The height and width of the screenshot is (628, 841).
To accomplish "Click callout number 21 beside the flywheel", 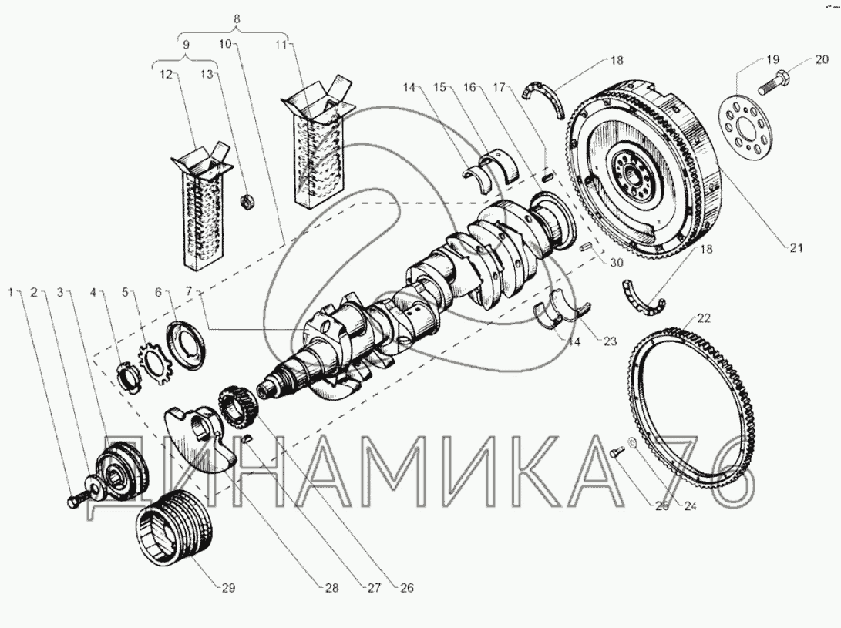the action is click(x=796, y=247).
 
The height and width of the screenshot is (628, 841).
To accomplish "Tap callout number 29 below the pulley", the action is click(x=228, y=588).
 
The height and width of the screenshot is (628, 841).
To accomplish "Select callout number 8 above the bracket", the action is click(x=237, y=18).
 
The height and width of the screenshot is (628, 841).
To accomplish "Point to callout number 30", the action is click(x=617, y=262).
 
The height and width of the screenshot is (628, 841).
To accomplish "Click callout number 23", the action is click(x=611, y=341).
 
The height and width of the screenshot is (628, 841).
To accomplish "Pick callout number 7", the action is click(x=189, y=291).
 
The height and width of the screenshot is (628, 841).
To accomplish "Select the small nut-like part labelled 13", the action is click(x=247, y=203).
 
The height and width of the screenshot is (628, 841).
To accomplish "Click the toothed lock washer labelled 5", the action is click(x=154, y=363).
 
